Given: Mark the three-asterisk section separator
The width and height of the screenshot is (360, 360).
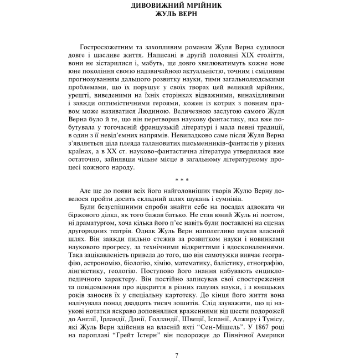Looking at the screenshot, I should pos(179,179).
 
